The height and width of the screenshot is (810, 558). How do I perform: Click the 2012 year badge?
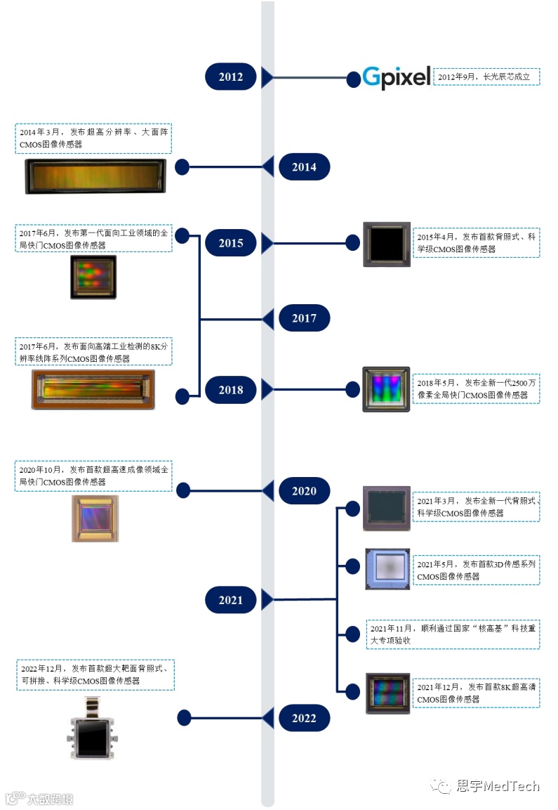(x=230, y=77)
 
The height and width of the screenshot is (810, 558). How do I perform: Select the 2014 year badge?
(x=304, y=167)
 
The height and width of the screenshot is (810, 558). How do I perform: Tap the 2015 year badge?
(x=230, y=243)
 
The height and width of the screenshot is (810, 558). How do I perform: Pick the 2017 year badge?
(x=304, y=318)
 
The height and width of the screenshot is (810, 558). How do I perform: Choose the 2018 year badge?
(x=230, y=390)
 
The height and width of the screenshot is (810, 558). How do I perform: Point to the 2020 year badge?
(x=304, y=491)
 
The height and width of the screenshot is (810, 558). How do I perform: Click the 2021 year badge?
(x=230, y=600)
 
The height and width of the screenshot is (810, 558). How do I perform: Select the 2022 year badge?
(x=304, y=718)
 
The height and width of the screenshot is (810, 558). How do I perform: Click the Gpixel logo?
(x=397, y=77)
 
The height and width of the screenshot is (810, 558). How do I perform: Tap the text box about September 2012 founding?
(x=486, y=77)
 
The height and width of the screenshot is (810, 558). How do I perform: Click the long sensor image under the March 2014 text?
(x=95, y=176)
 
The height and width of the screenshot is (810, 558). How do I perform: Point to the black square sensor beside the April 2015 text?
(x=387, y=244)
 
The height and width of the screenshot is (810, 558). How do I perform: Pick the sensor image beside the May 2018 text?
(x=386, y=389)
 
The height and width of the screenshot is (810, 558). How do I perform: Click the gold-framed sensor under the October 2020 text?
(x=95, y=518)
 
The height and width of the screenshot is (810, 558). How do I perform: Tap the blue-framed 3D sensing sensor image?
(x=387, y=569)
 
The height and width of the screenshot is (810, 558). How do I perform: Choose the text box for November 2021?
(x=453, y=634)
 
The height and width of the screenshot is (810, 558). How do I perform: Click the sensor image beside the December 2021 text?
(x=387, y=693)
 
